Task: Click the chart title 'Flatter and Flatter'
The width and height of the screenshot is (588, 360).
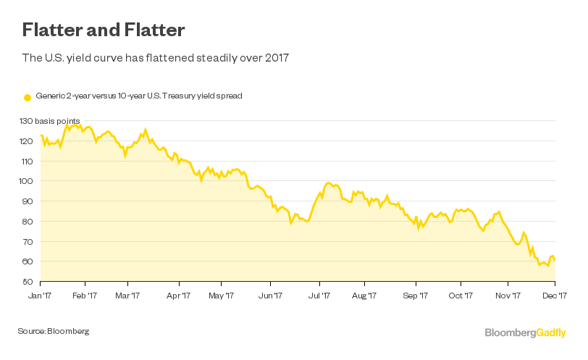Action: pos(104,30)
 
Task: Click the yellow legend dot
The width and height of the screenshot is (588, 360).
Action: pos(28,96)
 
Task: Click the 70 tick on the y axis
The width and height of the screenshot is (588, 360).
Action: pos(27,241)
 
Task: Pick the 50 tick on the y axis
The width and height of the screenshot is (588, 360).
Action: pos(27,282)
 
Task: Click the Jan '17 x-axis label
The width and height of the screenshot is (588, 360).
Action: pos(40,295)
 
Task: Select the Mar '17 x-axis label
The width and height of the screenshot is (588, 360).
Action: pos(127,295)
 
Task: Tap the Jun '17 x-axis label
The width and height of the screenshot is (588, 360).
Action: pos(270,295)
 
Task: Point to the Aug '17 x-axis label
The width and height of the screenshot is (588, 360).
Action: pos(364,295)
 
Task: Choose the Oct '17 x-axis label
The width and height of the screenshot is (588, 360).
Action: pos(461,295)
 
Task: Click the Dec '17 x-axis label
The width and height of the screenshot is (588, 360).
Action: pos(555,295)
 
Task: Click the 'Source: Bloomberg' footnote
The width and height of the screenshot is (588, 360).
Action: pos(54,331)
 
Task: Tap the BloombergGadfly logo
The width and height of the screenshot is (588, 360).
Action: pos(525,332)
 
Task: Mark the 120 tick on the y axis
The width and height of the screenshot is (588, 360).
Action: pos(28,141)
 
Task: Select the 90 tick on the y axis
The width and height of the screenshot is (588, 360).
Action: pos(27,201)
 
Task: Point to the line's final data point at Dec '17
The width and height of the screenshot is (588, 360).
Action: pos(555,260)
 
